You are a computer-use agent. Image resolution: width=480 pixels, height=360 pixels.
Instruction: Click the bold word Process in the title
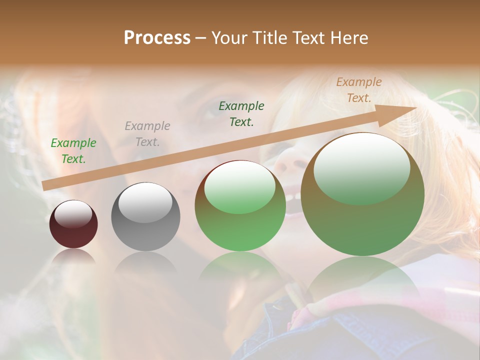[157, 38]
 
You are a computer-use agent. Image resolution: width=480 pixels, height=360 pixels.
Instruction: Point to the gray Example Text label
[147, 134]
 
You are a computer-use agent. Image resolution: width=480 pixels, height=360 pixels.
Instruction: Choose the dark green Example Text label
[241, 113]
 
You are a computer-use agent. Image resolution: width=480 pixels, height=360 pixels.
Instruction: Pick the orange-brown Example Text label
[359, 90]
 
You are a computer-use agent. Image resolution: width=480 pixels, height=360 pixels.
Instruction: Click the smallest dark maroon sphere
[73, 225]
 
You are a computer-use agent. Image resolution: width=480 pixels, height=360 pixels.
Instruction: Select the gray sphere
[145, 217]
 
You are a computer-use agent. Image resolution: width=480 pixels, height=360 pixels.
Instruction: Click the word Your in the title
[230, 38]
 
